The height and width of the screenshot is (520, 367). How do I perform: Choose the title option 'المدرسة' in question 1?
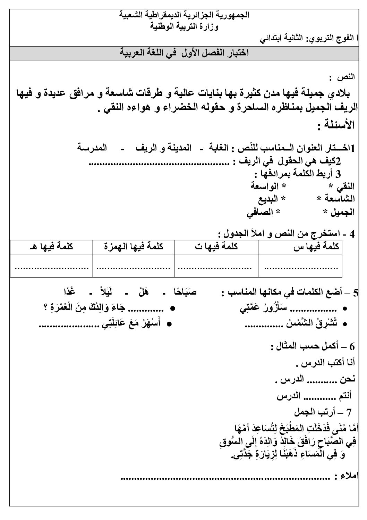click(x=92, y=148)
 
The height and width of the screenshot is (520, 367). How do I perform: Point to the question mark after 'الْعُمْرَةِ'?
click(x=46, y=308)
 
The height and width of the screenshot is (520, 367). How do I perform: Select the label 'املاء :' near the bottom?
click(x=348, y=476)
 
